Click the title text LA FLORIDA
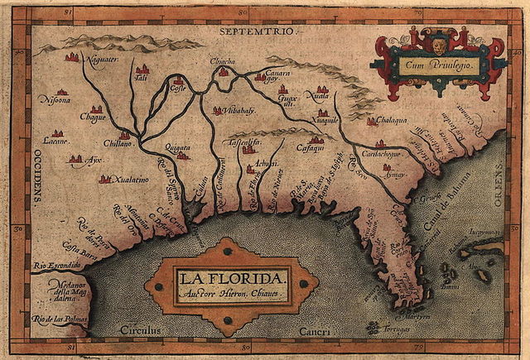pos(229,276)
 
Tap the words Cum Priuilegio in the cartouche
pos(431,63)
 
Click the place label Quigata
pos(177,146)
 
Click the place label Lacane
pos(56,142)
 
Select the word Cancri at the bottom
pos(316,331)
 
